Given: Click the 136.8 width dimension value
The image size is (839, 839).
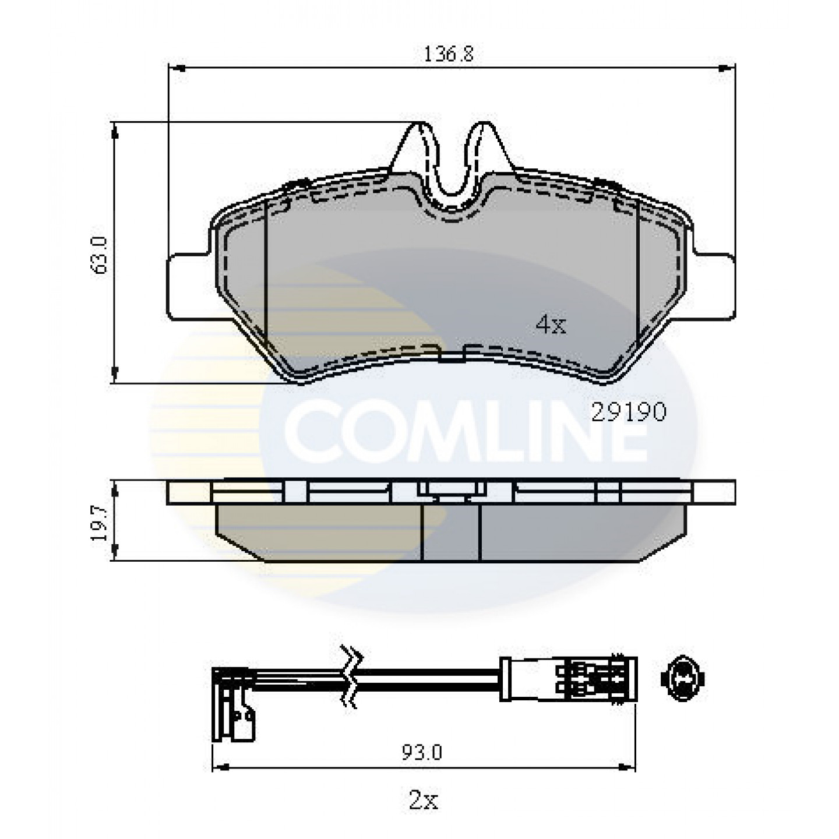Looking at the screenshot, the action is click(448, 54).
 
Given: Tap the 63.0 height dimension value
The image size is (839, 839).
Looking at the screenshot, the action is click(99, 255).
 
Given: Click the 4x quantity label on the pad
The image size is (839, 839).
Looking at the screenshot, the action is click(551, 325).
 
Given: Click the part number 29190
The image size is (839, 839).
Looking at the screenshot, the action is click(628, 412).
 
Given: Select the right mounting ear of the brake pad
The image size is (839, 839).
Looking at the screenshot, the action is click(711, 286).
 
